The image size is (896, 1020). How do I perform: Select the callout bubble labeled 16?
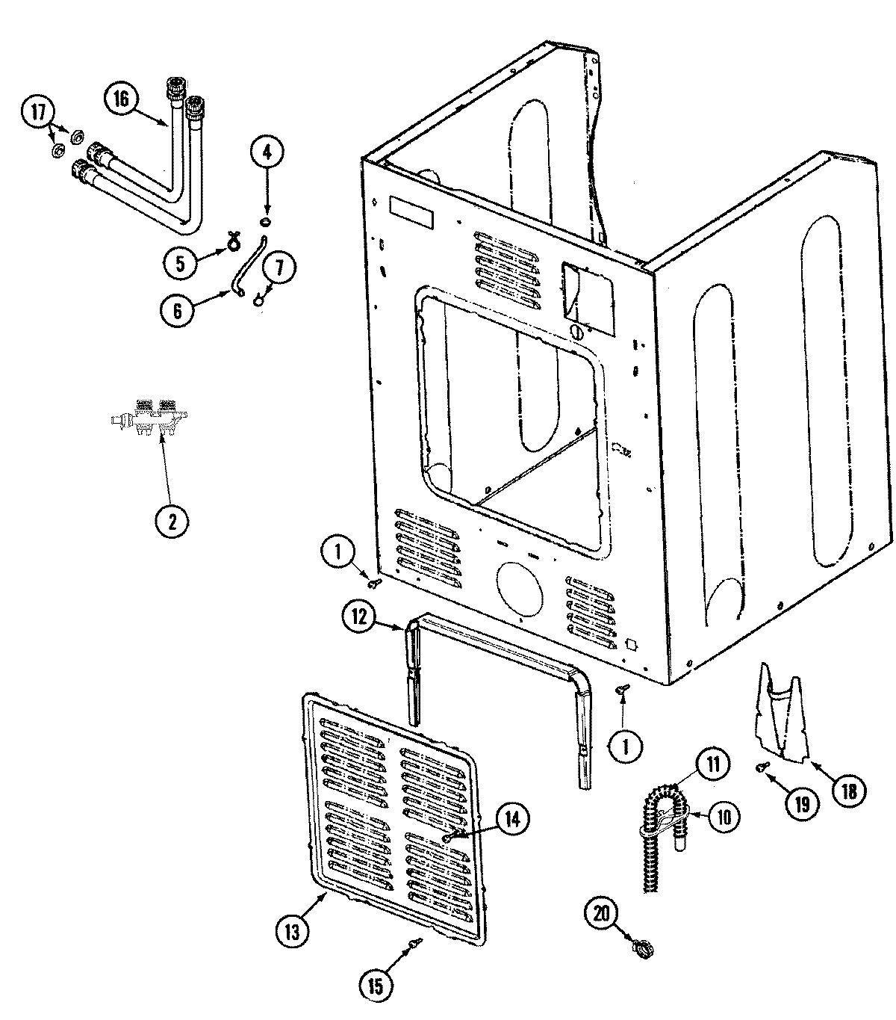point(122,99)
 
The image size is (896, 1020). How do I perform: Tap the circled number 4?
point(267,153)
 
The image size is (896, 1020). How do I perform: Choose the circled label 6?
point(178,311)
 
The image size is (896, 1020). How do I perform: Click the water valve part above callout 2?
point(148,421)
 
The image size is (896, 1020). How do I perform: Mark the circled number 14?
point(511,818)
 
